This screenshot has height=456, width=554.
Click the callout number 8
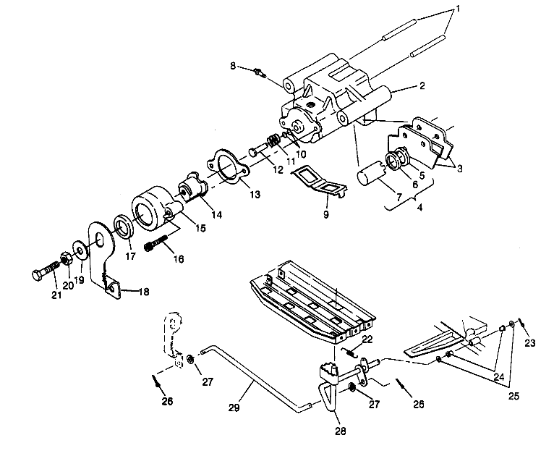pos(233,66)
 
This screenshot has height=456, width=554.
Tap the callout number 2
pos(421,85)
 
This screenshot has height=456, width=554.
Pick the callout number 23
pos(531,344)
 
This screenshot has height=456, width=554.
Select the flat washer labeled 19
pos(77,250)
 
